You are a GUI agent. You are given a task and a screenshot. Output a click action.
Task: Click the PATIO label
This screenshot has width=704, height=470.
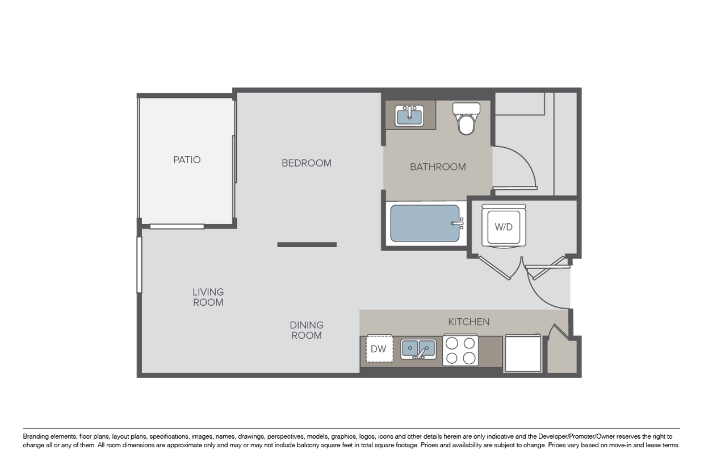click(x=187, y=160)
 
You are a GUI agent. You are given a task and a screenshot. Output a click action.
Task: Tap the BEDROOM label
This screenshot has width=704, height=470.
click(x=307, y=163)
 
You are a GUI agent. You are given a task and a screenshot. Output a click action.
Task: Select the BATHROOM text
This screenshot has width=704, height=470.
click(x=438, y=167)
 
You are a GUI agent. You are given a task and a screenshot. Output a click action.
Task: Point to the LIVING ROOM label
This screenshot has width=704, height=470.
click(x=208, y=297)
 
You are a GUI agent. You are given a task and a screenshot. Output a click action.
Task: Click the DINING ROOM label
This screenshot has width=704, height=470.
click(x=307, y=330)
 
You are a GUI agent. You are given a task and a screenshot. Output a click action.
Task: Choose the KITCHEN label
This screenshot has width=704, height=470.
click(x=469, y=322)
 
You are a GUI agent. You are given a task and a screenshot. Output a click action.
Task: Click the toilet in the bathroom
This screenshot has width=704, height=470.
click(x=467, y=119)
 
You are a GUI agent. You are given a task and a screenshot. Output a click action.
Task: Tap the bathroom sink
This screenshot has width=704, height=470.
click(x=409, y=116)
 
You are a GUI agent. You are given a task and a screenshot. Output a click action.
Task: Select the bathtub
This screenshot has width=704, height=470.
click(x=426, y=223)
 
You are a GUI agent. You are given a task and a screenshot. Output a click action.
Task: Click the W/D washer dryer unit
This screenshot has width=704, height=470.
click(x=504, y=226)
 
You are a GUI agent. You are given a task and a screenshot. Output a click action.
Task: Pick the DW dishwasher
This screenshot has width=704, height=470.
click(x=378, y=349)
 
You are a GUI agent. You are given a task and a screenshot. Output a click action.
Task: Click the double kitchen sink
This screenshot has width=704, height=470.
click(x=418, y=349)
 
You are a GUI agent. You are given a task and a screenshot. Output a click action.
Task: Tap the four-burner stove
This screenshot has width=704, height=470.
click(x=460, y=350)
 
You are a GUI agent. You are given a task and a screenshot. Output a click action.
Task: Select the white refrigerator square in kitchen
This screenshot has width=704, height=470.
click(x=523, y=353)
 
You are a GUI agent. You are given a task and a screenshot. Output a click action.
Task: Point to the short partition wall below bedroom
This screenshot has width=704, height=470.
click(x=307, y=245)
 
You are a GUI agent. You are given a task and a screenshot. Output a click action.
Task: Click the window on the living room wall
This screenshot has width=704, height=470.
click(x=138, y=265)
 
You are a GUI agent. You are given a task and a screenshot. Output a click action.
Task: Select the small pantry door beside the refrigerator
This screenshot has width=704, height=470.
click(x=559, y=332)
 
